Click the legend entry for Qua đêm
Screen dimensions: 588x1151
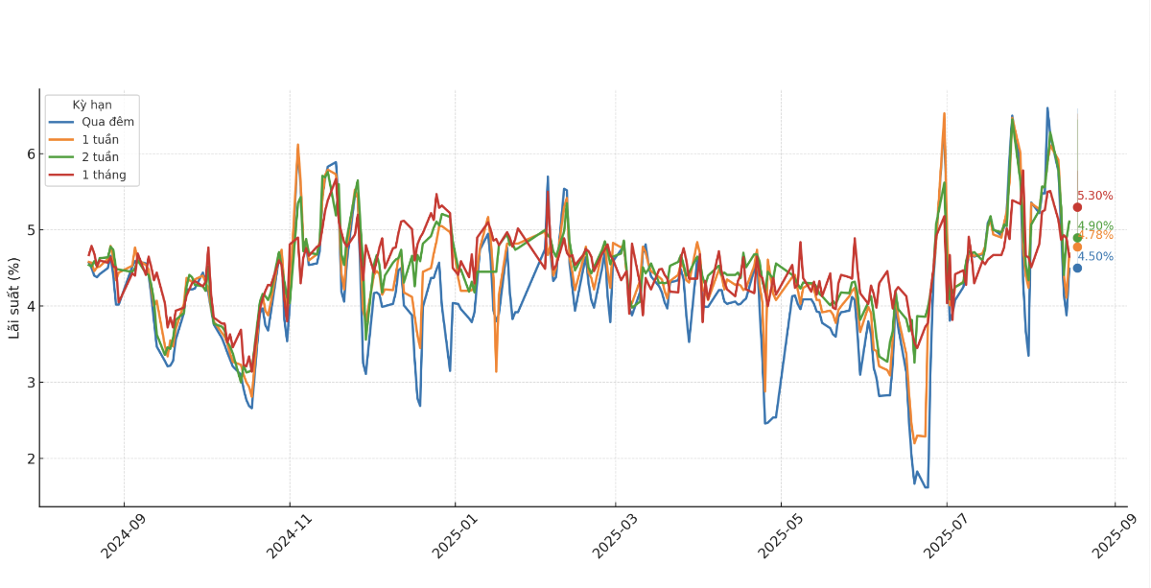[107, 122]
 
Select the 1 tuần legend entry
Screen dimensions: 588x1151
[100, 139]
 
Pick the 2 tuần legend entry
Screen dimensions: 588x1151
[100, 157]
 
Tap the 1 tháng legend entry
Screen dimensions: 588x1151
[104, 175]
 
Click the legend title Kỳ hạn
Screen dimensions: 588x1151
[92, 105]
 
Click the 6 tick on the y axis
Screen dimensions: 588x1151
[31, 154]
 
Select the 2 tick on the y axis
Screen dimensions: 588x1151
[31, 459]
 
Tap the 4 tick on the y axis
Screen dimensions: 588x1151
[31, 306]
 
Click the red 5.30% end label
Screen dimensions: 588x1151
[1095, 196]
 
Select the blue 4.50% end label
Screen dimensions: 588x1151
[1095, 256]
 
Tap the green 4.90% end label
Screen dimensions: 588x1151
[1095, 225]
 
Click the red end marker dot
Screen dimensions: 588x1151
[1077, 207]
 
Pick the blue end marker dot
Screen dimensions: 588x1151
[1077, 268]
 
